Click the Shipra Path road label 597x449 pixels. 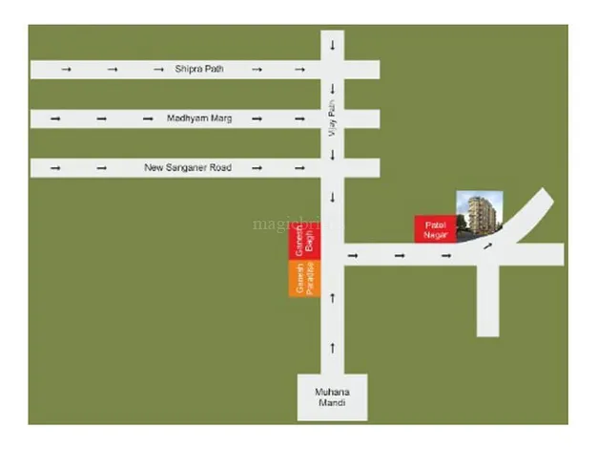[x=196, y=69]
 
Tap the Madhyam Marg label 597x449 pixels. [x=200, y=118]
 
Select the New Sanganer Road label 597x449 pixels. [x=188, y=168]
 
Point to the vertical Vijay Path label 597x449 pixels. [x=333, y=123]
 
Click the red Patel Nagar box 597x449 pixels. [x=435, y=227]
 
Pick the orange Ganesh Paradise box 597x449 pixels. [x=305, y=278]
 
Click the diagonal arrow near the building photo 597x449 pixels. [x=490, y=246]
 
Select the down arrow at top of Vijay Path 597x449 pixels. [x=333, y=46]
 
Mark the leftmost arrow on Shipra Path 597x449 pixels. [x=65, y=69]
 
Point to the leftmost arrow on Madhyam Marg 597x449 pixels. [x=55, y=118]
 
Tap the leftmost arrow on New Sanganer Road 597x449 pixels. [x=55, y=168]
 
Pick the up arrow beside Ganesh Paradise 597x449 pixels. [x=333, y=298]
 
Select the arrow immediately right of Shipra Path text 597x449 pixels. [x=256, y=69]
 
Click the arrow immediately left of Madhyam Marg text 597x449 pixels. [x=148, y=118]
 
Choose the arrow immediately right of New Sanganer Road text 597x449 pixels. [x=255, y=168]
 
